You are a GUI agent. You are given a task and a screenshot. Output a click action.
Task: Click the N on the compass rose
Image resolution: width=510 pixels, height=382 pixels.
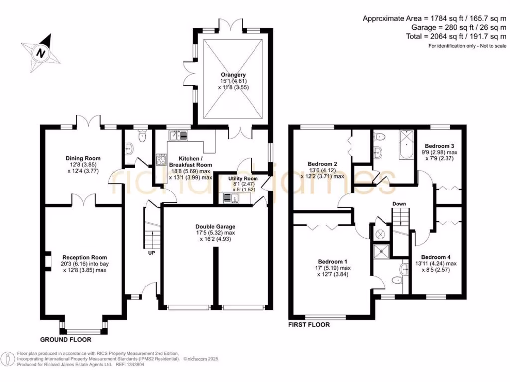pyautogui.click(x=41, y=52)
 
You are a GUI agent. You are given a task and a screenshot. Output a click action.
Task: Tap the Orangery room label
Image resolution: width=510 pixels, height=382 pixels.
pyautogui.click(x=233, y=75)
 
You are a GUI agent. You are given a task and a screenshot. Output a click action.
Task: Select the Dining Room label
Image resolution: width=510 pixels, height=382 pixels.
pyautogui.click(x=83, y=158)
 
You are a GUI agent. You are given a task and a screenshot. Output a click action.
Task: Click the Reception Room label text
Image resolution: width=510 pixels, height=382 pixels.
pyautogui.click(x=85, y=257)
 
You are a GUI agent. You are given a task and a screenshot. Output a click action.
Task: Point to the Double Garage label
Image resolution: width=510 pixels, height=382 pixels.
pyautogui.click(x=215, y=227)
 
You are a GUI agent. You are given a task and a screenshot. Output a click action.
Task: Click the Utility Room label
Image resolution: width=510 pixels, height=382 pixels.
pyautogui.click(x=243, y=179)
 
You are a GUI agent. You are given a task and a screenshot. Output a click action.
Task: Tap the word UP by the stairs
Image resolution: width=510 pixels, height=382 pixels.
pyautogui.click(x=151, y=253)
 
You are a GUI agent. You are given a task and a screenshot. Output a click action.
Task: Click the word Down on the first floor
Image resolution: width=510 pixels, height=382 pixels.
pyautogui.click(x=399, y=204)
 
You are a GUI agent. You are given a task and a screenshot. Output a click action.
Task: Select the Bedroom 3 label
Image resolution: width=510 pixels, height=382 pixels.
pyautogui.click(x=439, y=146)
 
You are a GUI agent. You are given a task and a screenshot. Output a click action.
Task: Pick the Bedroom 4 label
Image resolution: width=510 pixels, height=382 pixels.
pyautogui.click(x=436, y=257)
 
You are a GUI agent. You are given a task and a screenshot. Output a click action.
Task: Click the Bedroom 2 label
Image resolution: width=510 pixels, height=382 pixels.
pyautogui.click(x=322, y=164)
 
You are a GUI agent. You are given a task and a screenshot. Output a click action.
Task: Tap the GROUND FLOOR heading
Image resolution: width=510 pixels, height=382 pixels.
pyautogui.click(x=66, y=339)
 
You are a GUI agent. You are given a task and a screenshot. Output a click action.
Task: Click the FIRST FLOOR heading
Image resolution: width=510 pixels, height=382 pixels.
pyautogui.click(x=309, y=324)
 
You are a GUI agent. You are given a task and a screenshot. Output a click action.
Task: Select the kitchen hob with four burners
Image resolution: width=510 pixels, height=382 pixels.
pyautogui.click(x=161, y=159)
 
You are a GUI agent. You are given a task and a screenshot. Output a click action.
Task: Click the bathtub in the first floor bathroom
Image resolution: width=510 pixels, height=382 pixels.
pyautogui.click(x=406, y=145)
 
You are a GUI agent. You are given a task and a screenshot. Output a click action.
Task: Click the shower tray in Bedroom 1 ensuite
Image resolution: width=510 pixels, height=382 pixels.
pyautogui.click(x=381, y=251)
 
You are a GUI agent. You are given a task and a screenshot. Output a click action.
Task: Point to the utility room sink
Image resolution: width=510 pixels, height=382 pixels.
pyautogui.click(x=231, y=198)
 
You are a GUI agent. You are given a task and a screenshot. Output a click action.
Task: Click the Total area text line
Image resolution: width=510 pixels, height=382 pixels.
pyautogui.click(x=456, y=36)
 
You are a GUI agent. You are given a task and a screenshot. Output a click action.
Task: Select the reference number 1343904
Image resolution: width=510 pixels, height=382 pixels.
pyautogui.click(x=134, y=365)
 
